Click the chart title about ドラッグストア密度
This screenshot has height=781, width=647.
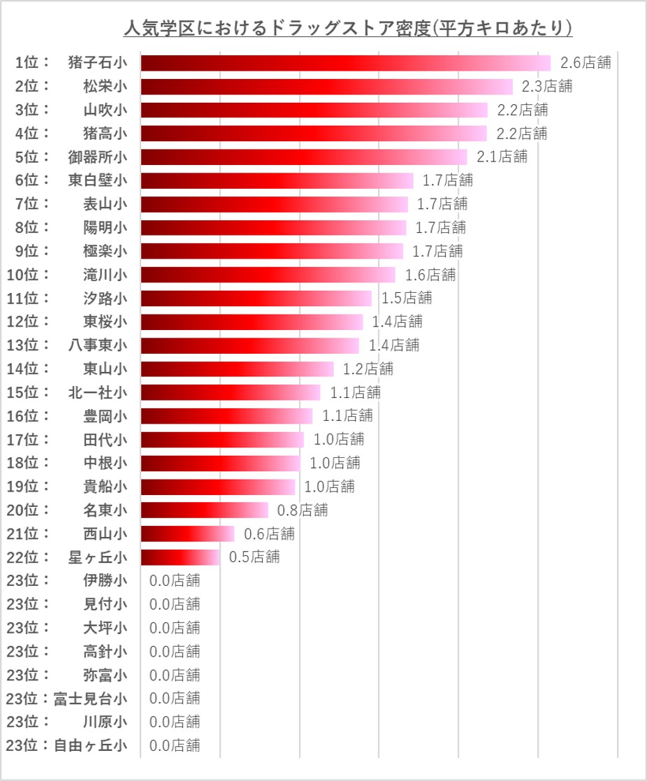click(x=348, y=28)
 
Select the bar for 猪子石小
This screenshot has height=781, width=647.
click(x=345, y=63)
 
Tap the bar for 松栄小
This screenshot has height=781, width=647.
click(x=326, y=87)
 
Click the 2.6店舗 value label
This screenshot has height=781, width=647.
click(x=586, y=63)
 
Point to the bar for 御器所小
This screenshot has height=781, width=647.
click(x=303, y=157)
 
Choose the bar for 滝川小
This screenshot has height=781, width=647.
click(x=268, y=275)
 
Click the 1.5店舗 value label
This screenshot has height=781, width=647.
click(x=407, y=299)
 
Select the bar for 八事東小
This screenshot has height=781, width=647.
click(x=249, y=345)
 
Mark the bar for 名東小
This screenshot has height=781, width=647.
click(x=204, y=510)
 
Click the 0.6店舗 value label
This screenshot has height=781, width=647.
click(x=269, y=534)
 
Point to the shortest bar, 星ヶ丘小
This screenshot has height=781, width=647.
click(x=180, y=557)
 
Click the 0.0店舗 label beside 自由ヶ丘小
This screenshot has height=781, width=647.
click(x=175, y=745)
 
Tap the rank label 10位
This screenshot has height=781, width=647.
click(x=28, y=275)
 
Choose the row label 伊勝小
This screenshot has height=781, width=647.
click(x=105, y=580)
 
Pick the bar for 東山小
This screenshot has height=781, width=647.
click(x=237, y=368)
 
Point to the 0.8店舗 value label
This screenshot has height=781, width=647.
click(x=303, y=510)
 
